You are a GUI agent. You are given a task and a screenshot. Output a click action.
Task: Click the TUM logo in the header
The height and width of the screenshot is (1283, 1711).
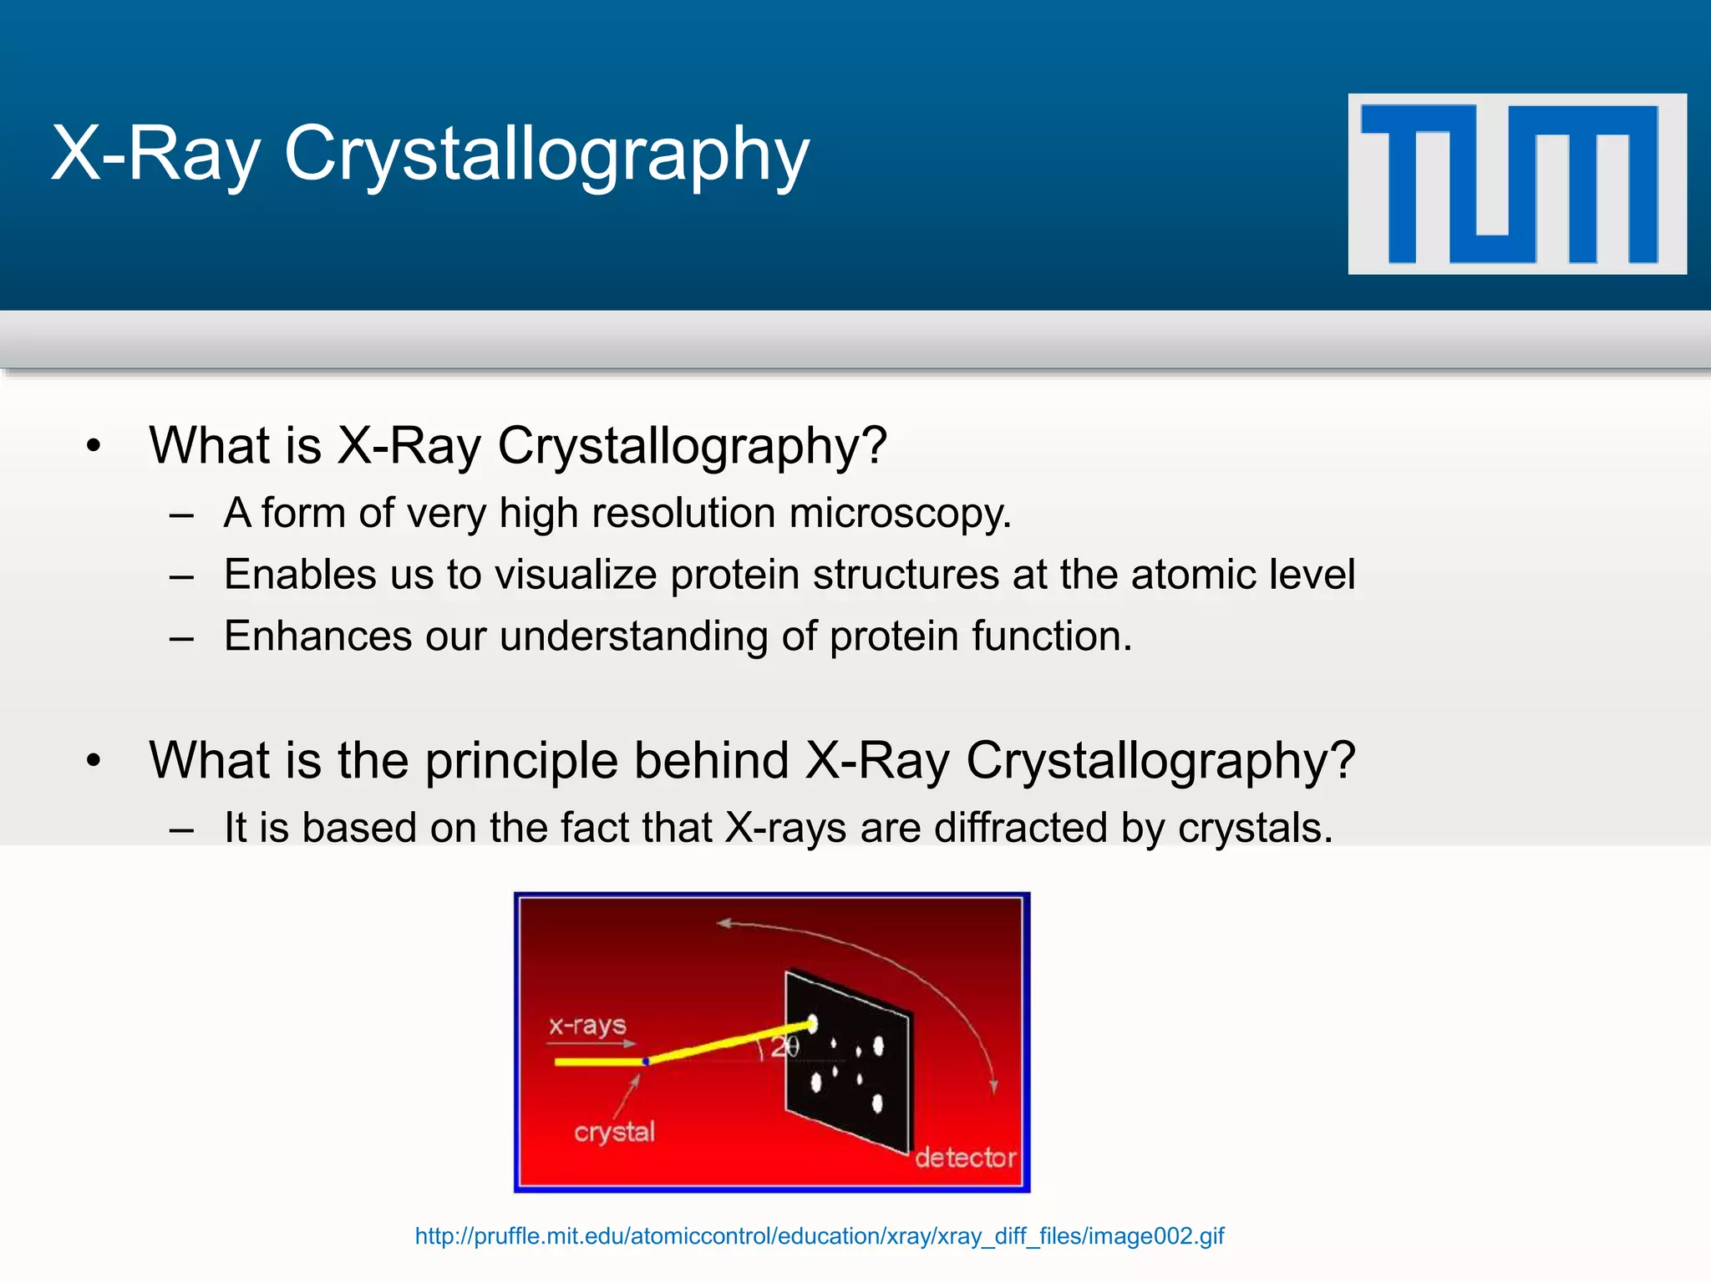pos(1516,184)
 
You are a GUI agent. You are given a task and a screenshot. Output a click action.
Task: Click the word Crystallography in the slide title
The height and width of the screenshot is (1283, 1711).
pos(547,155)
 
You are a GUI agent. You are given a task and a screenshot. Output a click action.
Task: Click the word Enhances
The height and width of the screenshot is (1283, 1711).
pos(317,636)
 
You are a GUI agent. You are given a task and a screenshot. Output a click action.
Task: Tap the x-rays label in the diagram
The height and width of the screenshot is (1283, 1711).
pos(587,1025)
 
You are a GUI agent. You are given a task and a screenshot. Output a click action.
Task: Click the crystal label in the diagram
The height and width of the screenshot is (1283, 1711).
pos(614,1133)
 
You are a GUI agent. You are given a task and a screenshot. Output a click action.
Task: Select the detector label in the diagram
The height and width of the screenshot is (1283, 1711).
pos(965,1158)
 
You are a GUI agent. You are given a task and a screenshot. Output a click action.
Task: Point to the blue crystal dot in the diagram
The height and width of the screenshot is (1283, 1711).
pos(646,1062)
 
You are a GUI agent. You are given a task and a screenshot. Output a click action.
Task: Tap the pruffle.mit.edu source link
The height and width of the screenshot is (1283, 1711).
pos(820,1236)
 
